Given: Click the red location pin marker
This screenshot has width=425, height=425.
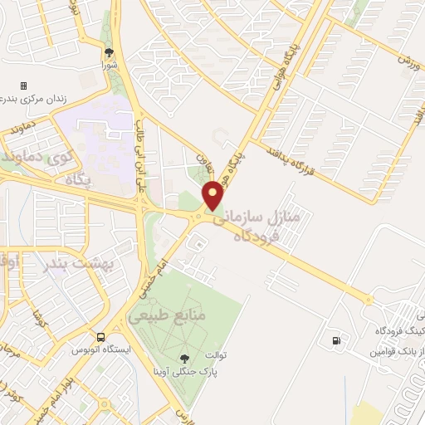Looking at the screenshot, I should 213,195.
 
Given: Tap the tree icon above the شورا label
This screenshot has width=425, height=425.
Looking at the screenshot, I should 109,51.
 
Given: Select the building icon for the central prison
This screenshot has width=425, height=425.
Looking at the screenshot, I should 24,85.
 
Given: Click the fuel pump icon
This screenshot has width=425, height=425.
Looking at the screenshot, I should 335,340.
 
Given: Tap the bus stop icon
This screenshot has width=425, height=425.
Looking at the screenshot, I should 100,337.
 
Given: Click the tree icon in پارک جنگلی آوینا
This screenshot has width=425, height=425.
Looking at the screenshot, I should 183,359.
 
